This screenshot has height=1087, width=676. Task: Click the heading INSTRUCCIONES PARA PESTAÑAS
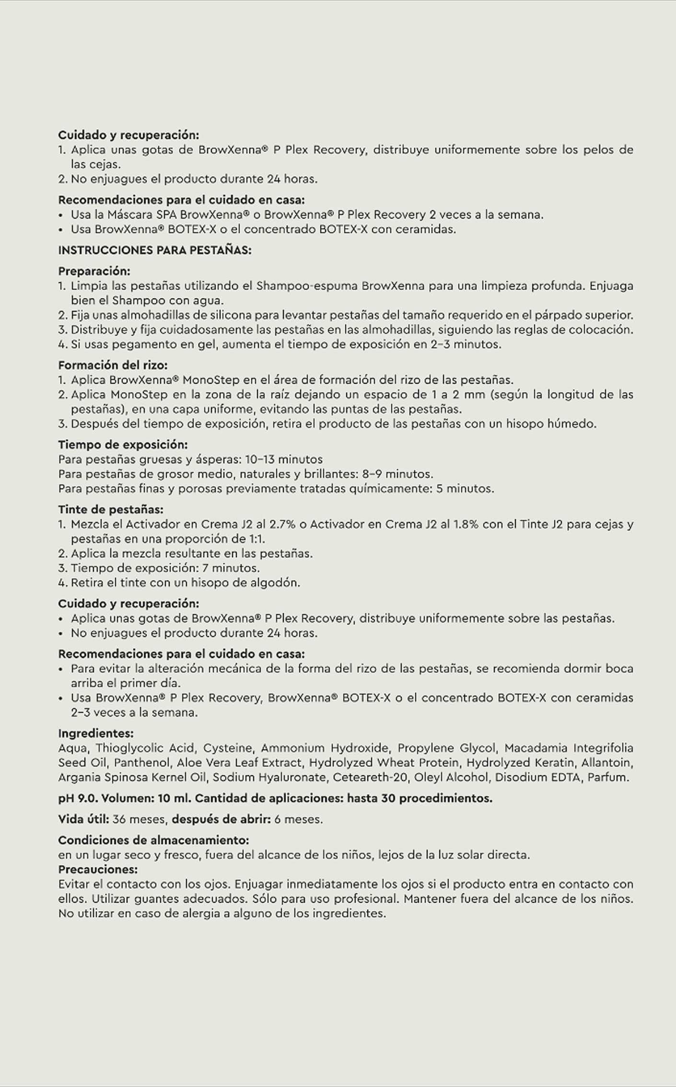pos(154,250)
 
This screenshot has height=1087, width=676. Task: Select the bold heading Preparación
pos(94,271)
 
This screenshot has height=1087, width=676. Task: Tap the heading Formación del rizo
pos(113,365)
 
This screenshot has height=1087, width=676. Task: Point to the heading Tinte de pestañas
pos(111,509)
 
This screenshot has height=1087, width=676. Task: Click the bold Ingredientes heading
pos(95,733)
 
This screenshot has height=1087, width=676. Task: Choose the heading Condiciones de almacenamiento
pos(153,840)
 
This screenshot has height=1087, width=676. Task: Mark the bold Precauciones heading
pos(98,869)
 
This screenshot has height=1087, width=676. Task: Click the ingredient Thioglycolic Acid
pos(145,748)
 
